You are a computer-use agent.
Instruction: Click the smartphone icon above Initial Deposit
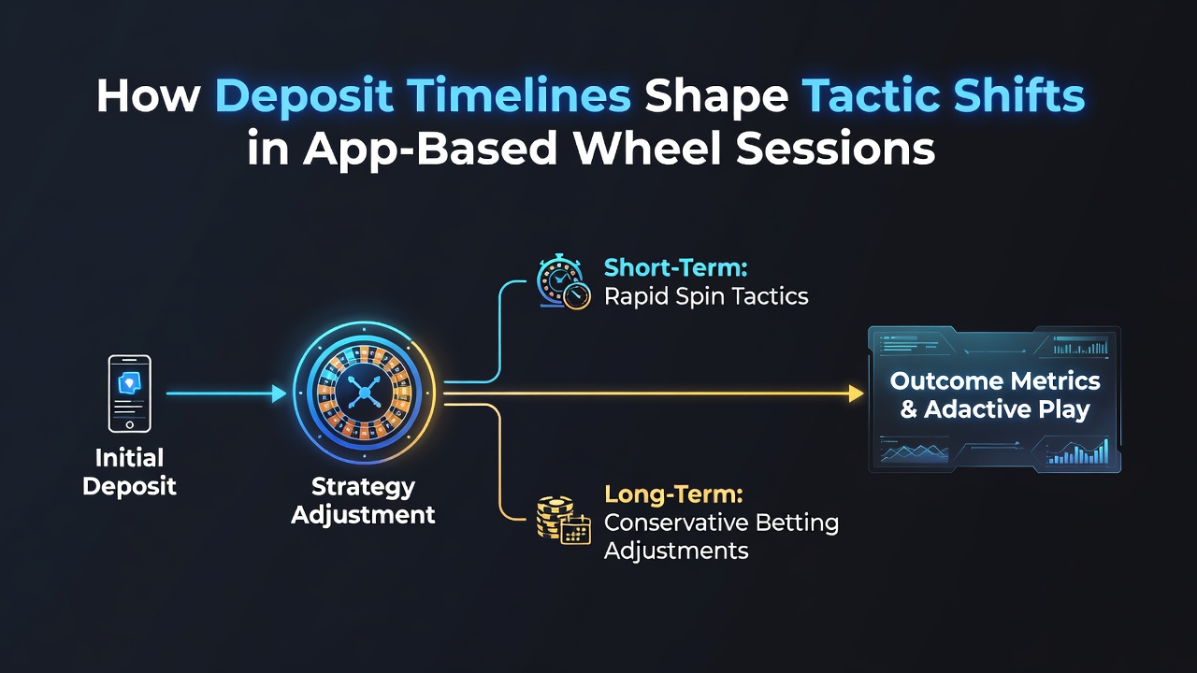[130, 394]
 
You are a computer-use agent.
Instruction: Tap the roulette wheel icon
[365, 394]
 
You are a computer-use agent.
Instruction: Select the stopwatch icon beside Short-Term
[563, 282]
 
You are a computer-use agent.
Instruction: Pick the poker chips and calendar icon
[564, 521]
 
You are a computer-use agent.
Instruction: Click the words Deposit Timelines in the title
[423, 96]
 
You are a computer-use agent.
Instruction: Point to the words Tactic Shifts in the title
[944, 95]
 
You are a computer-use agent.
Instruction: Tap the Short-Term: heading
[675, 267]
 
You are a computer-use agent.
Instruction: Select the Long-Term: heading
[674, 494]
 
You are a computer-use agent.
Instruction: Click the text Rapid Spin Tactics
[706, 296]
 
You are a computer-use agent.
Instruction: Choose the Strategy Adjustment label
[364, 501]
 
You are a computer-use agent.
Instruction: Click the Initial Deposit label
[129, 472]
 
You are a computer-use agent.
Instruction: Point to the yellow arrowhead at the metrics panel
[856, 394]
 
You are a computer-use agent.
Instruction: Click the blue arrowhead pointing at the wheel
[280, 394]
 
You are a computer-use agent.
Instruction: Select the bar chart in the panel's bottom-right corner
[1077, 453]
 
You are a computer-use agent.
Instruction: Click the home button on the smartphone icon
[130, 425]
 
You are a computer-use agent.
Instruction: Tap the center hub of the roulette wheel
[365, 394]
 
